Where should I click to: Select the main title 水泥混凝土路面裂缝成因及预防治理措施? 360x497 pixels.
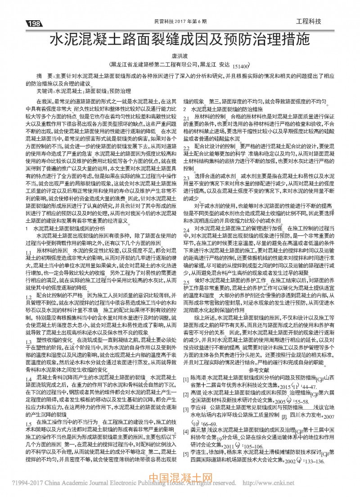tap(180, 38)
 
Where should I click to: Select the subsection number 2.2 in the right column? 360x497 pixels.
tap(187, 148)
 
